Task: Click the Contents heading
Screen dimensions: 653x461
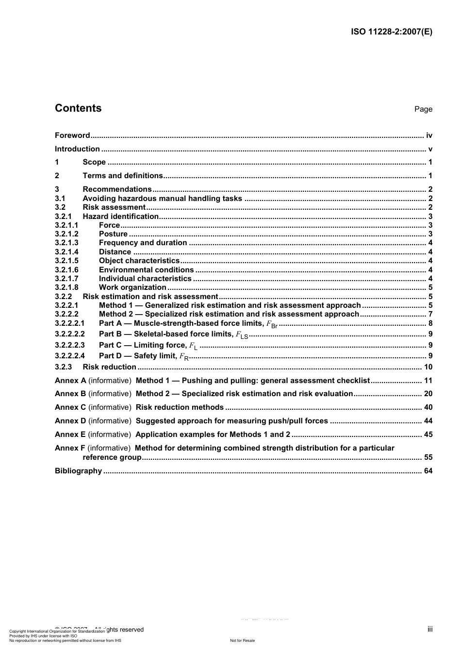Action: [78, 108]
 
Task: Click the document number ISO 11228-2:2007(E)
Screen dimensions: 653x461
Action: [391, 32]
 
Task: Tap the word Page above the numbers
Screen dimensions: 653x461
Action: [423, 109]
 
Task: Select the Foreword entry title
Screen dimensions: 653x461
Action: [72, 135]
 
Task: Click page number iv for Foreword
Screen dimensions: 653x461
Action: [429, 135]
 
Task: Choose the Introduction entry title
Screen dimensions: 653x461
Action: [77, 149]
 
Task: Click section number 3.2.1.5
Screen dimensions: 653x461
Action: [66, 261]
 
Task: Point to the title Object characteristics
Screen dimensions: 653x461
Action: [139, 261]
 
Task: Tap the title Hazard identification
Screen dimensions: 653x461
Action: [120, 217]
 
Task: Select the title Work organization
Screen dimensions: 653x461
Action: [132, 287]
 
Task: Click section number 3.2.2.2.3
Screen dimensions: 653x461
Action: [70, 345]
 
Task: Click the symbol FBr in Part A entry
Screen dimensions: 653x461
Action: [272, 324]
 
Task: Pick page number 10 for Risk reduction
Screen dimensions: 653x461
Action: [428, 367]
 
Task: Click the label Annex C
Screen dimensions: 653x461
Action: [70, 407]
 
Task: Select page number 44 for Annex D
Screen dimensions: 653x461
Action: [428, 421]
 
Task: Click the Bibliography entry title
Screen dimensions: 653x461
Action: [78, 471]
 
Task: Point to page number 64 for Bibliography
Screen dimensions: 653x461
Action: [428, 471]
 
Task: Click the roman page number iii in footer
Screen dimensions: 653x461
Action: [430, 629]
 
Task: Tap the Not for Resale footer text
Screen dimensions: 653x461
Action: [242, 640]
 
